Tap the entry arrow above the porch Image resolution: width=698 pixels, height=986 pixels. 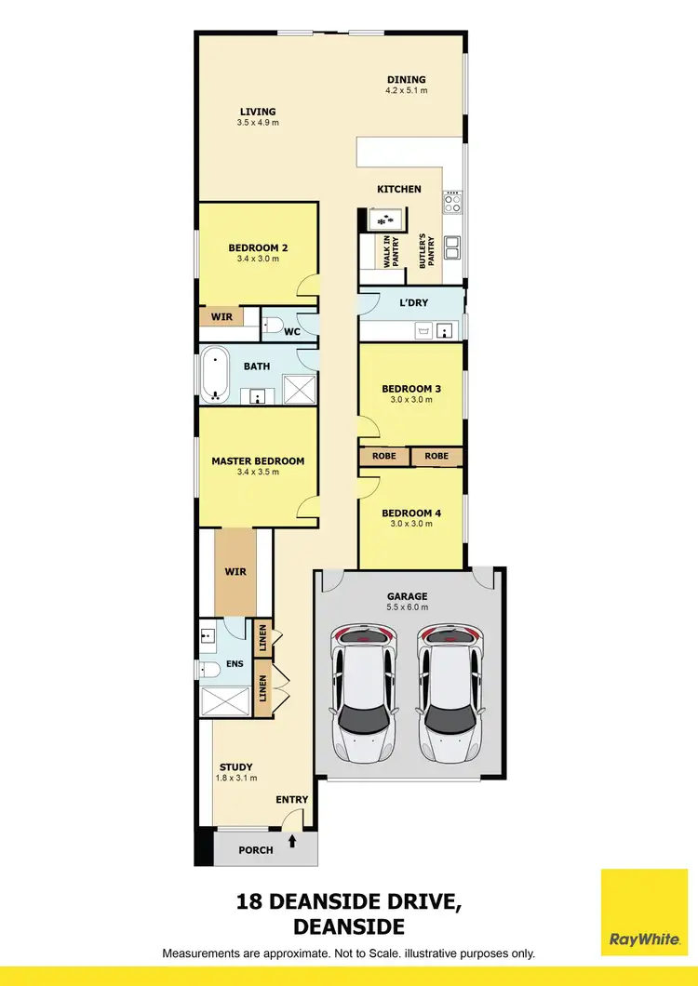(294, 842)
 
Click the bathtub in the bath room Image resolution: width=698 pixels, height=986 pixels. (216, 374)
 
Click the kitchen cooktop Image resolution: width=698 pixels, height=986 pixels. (453, 201)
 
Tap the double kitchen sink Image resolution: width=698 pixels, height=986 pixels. (453, 248)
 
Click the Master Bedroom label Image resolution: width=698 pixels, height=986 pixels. (258, 460)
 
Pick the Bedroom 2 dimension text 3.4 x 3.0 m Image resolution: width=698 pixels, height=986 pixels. (258, 260)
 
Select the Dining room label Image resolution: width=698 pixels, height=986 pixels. (406, 79)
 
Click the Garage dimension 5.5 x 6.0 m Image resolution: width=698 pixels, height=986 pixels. (408, 607)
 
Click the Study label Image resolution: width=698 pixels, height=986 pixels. (236, 767)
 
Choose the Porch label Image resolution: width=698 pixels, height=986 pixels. (256, 849)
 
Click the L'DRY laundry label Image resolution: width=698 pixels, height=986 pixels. (412, 304)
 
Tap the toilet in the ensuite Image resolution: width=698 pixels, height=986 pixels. (210, 668)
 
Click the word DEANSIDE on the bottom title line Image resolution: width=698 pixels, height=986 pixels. (349, 926)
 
